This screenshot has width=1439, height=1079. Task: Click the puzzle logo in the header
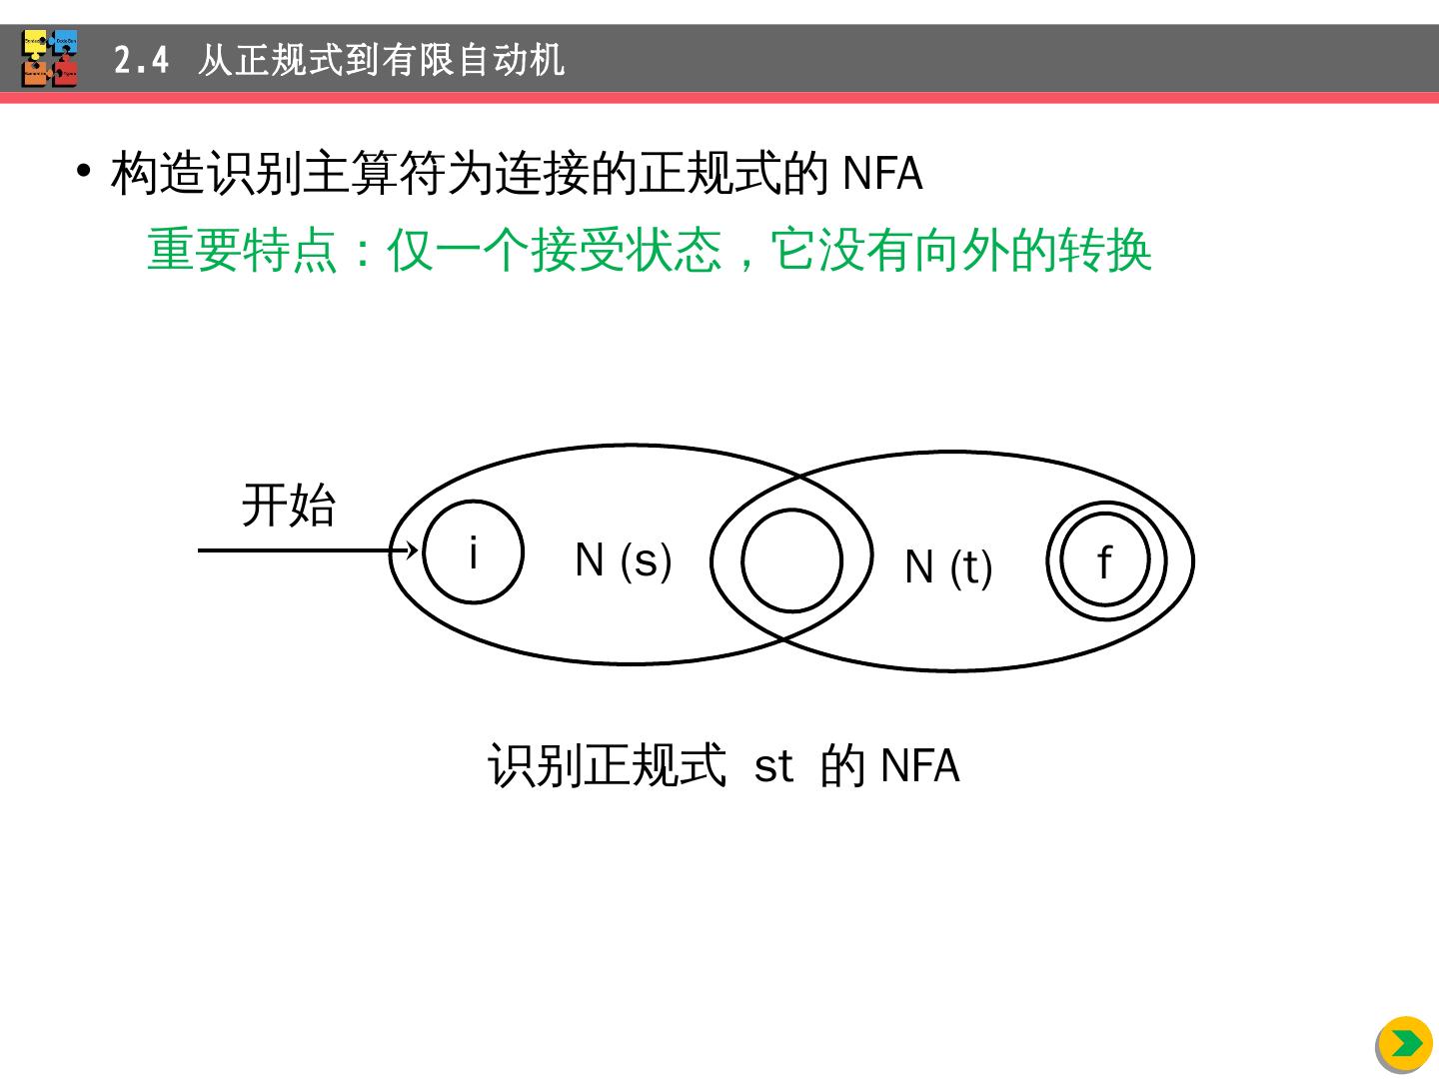(x=50, y=59)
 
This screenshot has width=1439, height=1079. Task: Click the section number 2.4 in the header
(x=141, y=61)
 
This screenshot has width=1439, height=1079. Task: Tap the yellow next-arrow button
(x=1405, y=1044)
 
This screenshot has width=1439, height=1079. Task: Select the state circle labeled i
(x=473, y=551)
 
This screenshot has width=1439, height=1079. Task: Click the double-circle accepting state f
(x=1105, y=560)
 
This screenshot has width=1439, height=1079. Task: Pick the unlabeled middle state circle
(x=791, y=560)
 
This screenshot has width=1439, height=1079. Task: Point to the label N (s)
(x=623, y=559)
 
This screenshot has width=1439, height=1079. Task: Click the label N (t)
(x=947, y=567)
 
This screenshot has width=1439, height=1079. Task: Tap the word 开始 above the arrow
(x=289, y=505)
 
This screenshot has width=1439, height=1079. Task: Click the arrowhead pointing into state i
(x=411, y=549)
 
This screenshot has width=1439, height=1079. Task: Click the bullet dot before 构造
(x=84, y=170)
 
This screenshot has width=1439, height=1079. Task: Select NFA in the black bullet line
(x=882, y=174)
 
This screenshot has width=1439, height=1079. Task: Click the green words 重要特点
(x=242, y=250)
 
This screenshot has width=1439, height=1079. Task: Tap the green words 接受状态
(x=626, y=250)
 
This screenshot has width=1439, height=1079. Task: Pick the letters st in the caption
(x=773, y=766)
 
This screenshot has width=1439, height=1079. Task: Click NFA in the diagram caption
(x=919, y=766)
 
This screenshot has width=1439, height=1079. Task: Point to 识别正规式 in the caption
(x=607, y=766)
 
